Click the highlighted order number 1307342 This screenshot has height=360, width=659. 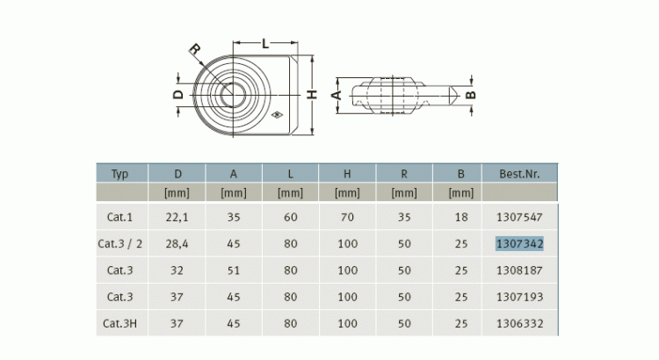[x=519, y=243]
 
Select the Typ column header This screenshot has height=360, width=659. [x=119, y=174]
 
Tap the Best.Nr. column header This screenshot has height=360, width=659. [x=519, y=174]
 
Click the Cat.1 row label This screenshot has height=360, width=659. [x=119, y=217]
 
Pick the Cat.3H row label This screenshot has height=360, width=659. [x=119, y=323]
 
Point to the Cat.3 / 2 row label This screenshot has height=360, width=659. [x=119, y=243]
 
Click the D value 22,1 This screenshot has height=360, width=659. [x=177, y=217]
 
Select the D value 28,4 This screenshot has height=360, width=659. [x=177, y=243]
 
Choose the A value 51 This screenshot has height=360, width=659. [x=234, y=270]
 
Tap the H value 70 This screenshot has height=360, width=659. [x=347, y=217]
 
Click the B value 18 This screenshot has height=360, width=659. [x=461, y=217]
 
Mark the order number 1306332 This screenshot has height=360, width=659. [x=519, y=323]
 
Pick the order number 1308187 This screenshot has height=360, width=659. [x=519, y=270]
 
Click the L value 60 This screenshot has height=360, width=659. [x=291, y=217]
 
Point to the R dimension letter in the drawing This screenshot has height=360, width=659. [x=194, y=50]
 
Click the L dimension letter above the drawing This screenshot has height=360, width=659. [x=265, y=43]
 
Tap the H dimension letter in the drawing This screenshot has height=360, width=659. [x=311, y=95]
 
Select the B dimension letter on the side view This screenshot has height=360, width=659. [x=471, y=95]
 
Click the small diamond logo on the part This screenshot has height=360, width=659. [x=277, y=115]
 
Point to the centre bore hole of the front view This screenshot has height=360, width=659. [x=233, y=95]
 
